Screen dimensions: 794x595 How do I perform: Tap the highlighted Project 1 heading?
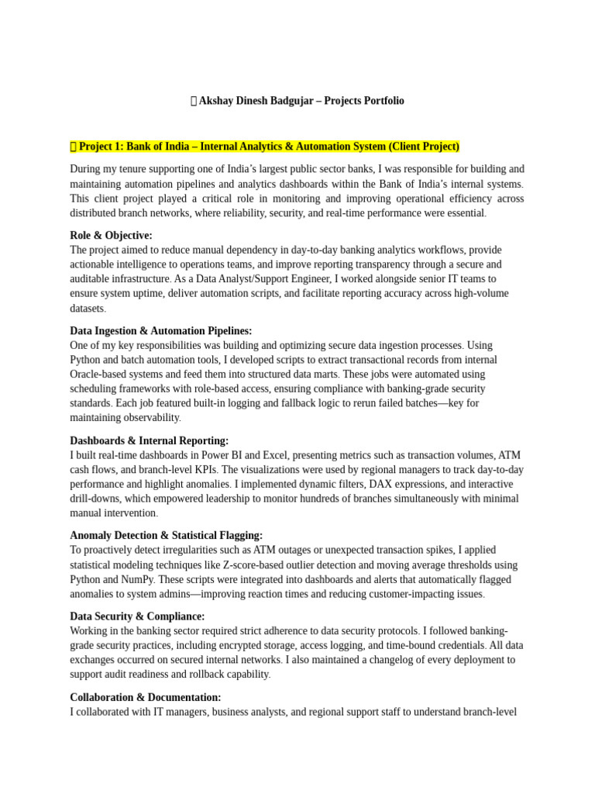(265, 147)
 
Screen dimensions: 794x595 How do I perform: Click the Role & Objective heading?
(111, 235)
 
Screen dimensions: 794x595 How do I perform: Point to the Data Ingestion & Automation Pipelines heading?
(160, 330)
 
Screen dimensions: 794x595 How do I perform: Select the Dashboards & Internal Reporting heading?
(149, 440)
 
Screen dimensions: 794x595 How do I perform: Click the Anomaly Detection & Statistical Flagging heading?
(166, 535)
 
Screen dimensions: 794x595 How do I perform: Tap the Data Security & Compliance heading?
(137, 616)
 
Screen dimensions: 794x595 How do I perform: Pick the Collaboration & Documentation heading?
(145, 697)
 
